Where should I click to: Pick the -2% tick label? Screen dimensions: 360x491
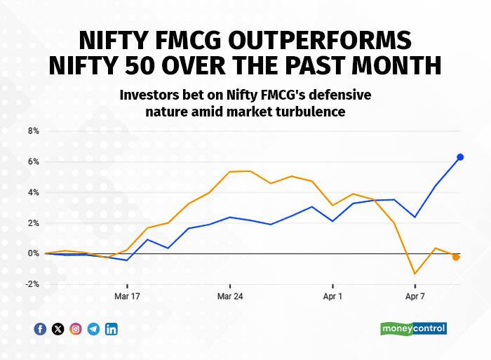click(32, 284)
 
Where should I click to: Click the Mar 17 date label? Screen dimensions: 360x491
click(127, 296)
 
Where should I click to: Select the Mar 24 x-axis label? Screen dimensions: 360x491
click(230, 296)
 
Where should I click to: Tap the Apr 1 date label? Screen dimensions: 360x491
click(332, 296)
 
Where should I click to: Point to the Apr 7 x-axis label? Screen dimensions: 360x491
click(415, 296)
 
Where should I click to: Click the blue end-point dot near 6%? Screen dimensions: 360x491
click(460, 157)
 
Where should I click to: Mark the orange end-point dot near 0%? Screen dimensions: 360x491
click(456, 257)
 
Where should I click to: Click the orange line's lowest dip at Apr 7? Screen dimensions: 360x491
click(415, 274)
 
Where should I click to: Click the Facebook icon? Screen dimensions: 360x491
click(40, 328)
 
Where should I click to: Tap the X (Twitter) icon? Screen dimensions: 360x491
click(58, 328)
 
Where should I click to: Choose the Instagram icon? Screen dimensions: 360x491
click(76, 328)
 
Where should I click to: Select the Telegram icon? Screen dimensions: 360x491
click(93, 328)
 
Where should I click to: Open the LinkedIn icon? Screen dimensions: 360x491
click(111, 328)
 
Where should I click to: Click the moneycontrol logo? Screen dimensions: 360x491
click(413, 328)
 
